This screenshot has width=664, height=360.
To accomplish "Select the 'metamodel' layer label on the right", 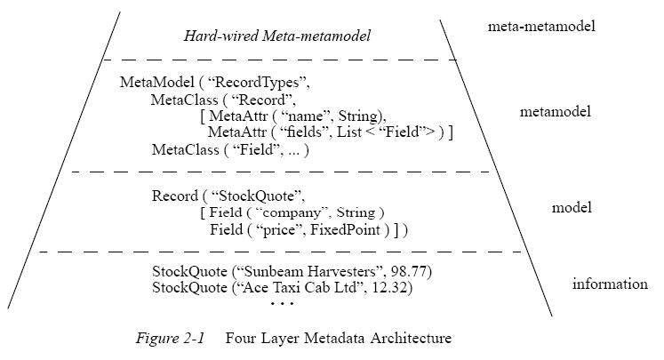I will (556, 112).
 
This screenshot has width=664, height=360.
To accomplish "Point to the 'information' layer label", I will (610, 284).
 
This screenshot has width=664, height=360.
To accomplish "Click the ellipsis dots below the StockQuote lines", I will (282, 305).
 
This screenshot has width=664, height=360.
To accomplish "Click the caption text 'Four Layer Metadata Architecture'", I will (339, 338).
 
